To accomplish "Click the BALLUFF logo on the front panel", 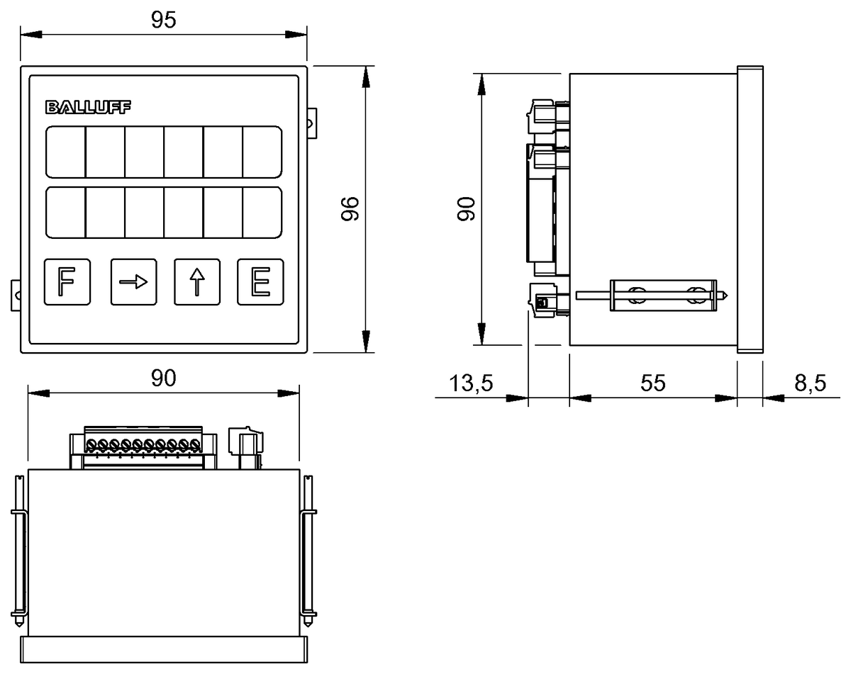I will tap(89, 108).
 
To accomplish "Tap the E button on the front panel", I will tap(260, 282).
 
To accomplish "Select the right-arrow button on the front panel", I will tap(133, 282).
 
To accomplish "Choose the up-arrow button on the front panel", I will tap(197, 282).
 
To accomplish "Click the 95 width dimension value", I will tap(163, 21).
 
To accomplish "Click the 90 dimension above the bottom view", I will tap(163, 378).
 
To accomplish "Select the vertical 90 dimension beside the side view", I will tap(466, 209).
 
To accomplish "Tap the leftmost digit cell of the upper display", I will tap(66, 152).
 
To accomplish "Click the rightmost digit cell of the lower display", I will tap(262, 213).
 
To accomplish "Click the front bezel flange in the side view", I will tap(750, 209).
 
